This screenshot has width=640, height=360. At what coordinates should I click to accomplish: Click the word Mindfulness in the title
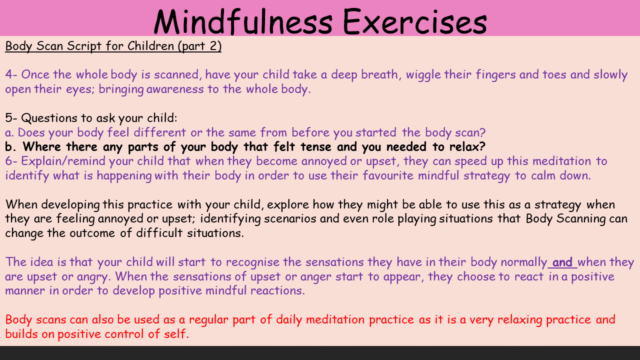tap(243, 22)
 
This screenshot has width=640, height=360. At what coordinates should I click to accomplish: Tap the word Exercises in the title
tap(414, 22)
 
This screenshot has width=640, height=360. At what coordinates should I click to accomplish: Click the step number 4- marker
tap(11, 74)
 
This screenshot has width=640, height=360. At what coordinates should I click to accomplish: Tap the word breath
tap(379, 74)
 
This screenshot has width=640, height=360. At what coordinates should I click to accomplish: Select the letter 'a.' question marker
tap(9, 133)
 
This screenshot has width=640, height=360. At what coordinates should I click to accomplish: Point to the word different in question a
tap(159, 132)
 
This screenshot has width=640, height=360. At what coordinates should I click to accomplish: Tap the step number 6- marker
tap(11, 161)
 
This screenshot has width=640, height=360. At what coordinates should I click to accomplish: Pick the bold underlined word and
tap(562, 262)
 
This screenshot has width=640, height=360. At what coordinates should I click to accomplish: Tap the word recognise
tap(252, 262)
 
